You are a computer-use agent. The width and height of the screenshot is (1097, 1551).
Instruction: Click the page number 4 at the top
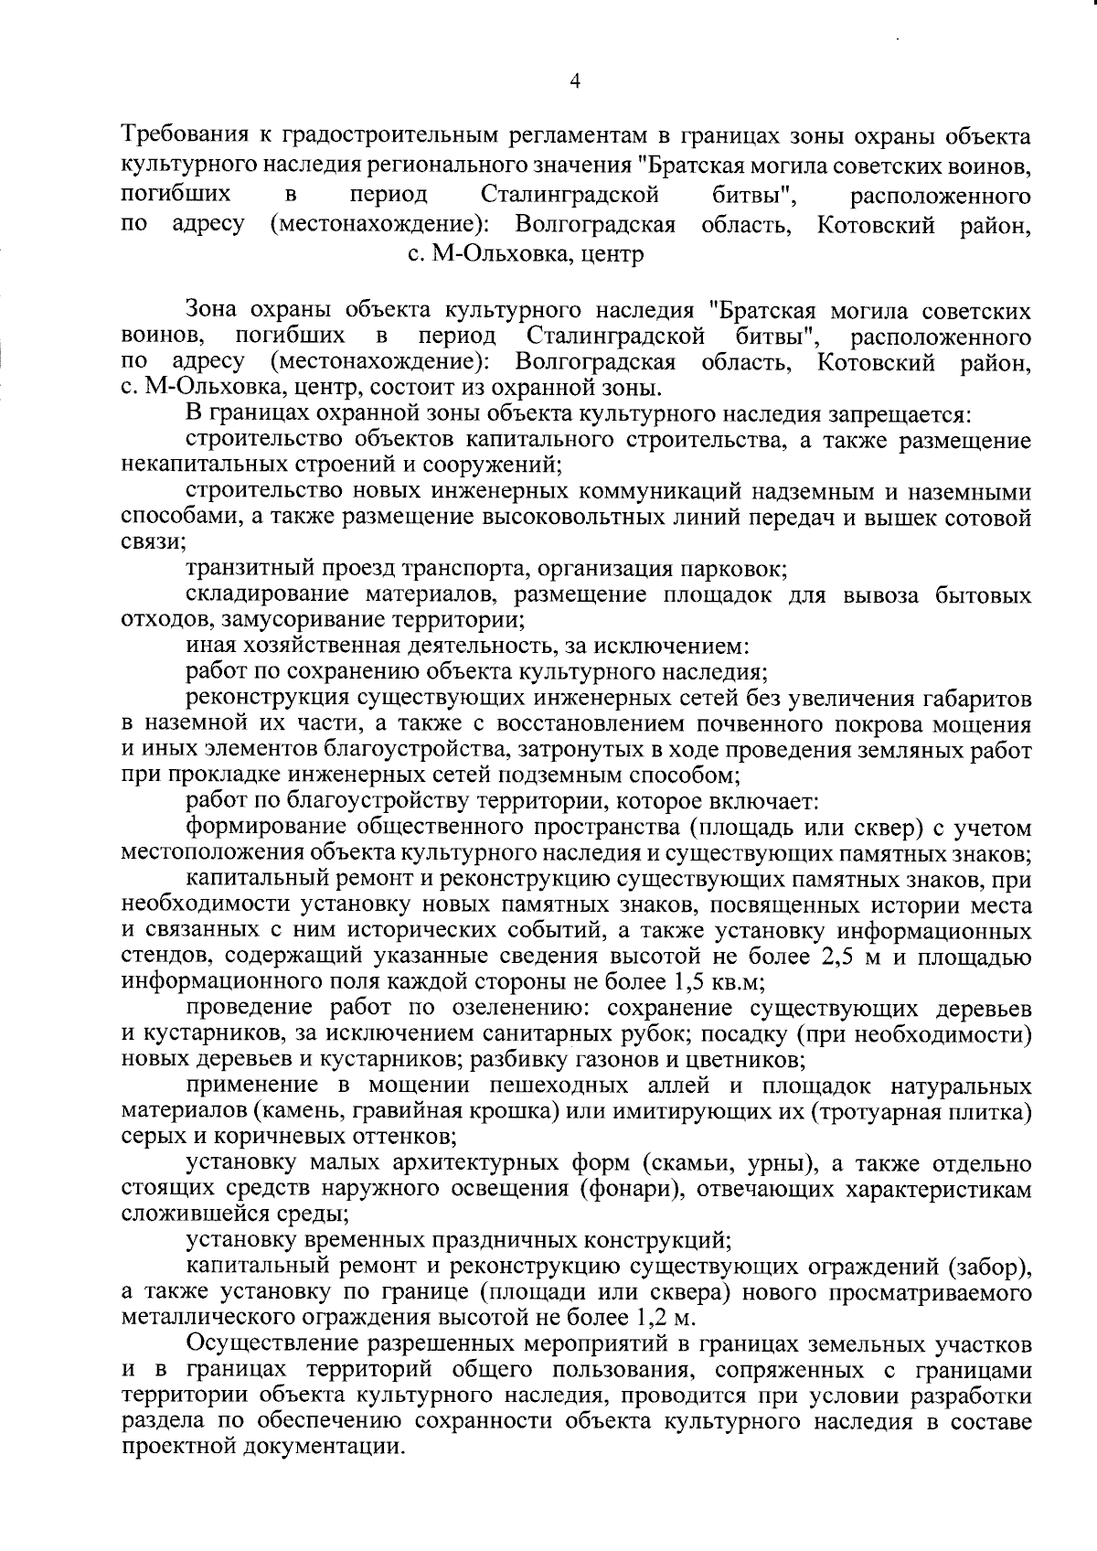click(574, 81)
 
